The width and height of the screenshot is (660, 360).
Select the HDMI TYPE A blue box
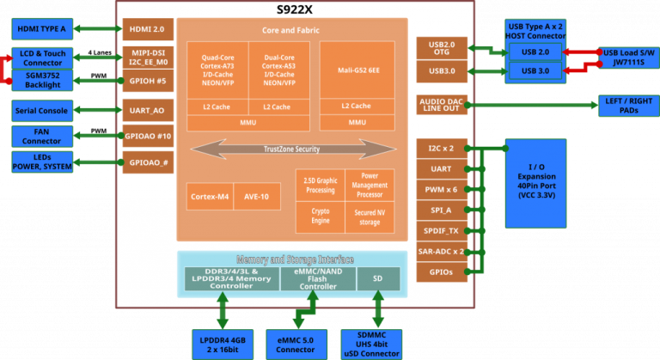pyautogui.click(x=41, y=29)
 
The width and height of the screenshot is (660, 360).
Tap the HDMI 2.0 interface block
pyautogui.click(x=146, y=29)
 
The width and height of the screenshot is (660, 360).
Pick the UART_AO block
pyautogui.click(x=146, y=111)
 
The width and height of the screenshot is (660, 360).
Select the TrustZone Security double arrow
pyautogui.click(x=284, y=149)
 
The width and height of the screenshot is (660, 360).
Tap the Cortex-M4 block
pyautogui.click(x=209, y=196)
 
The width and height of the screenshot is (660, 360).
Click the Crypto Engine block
pyautogui.click(x=320, y=215)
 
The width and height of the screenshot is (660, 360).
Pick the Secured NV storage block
pyautogui.click(x=369, y=215)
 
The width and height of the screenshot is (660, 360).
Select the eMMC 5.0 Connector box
pyautogui.click(x=296, y=341)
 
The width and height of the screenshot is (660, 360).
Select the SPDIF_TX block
pyautogui.click(x=440, y=230)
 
